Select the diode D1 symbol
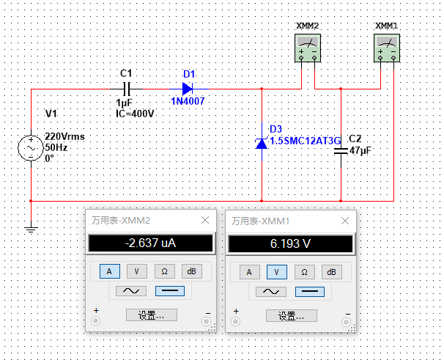[188, 89]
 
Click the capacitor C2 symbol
[341, 151]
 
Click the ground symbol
[31, 229]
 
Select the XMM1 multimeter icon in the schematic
[387, 50]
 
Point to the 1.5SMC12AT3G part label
[306, 141]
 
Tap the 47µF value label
[361, 151]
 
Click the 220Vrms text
[64, 137]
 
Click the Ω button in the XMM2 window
[163, 271]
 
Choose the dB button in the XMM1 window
[331, 271]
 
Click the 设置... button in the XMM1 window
[291, 315]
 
